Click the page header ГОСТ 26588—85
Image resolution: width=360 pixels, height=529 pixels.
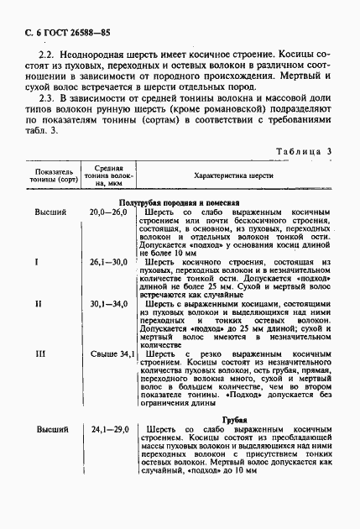(x=64, y=32)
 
